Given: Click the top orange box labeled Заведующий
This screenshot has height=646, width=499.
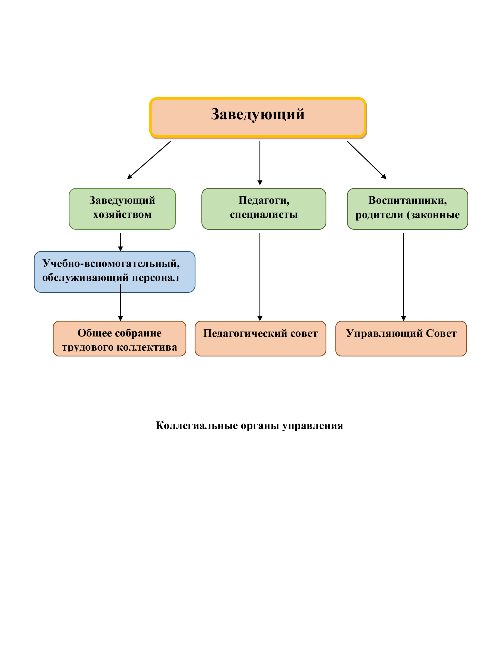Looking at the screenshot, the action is [x=258, y=118].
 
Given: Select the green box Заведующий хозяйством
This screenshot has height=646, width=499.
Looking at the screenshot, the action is [x=122, y=209].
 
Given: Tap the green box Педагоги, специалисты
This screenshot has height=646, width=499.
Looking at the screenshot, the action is [x=264, y=209].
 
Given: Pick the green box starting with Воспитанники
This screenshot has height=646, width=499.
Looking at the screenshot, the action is [x=407, y=209].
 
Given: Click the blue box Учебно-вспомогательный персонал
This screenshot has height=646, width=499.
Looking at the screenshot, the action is [x=114, y=272].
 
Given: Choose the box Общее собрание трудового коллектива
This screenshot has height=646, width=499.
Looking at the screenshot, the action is [x=119, y=338].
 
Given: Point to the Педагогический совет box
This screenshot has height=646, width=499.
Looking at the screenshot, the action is [x=260, y=338].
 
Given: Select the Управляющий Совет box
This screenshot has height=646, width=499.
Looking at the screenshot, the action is [x=401, y=338].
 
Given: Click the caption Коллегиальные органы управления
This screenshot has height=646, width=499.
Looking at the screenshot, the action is [x=249, y=425].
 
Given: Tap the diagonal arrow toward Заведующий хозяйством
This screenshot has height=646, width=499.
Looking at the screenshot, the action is [x=149, y=160].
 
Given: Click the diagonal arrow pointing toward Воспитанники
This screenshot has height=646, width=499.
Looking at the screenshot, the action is [x=367, y=160].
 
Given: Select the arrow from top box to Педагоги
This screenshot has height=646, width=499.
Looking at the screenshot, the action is [x=260, y=163].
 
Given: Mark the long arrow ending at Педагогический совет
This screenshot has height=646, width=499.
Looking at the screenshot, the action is [x=260, y=277].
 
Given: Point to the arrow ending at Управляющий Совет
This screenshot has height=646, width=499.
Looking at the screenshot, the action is [x=404, y=277].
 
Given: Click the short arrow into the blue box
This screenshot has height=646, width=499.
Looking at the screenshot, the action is [x=120, y=242].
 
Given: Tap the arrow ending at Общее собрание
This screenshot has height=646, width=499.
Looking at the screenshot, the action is [x=120, y=302].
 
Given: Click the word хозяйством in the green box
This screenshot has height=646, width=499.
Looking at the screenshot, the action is [x=122, y=214].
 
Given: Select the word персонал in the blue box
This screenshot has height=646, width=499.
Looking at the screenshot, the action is [x=155, y=278].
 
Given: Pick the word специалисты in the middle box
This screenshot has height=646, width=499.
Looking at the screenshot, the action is [x=264, y=214].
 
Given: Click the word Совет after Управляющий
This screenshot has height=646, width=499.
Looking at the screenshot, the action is [x=441, y=333].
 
